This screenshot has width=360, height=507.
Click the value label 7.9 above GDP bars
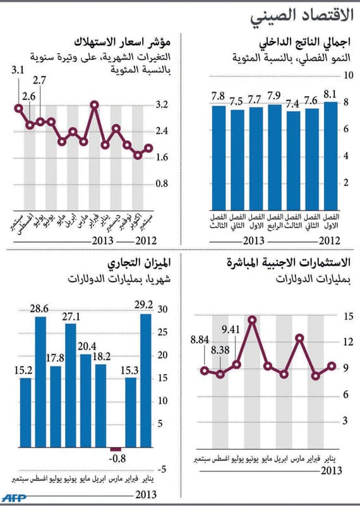pyautogui.click(x=274, y=96)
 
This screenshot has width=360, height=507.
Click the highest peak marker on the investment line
pyautogui.click(x=252, y=320)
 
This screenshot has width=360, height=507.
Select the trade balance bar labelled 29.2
pyautogui.click(x=146, y=392)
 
